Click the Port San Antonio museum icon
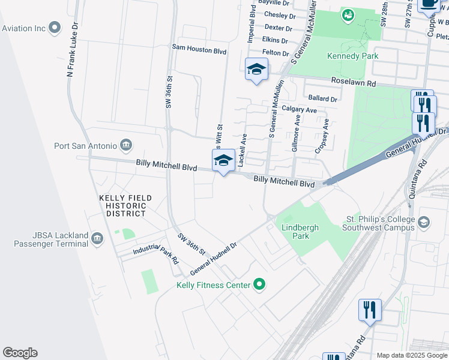coord(126,145)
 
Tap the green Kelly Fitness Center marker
coord(259,284)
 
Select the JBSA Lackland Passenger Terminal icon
coord(97,240)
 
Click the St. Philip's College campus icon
coord(424,223)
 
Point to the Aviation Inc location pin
coord(55,28)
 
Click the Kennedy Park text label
coord(352,56)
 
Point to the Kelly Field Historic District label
coord(126,205)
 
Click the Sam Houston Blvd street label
coord(199,51)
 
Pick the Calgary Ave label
coord(299,110)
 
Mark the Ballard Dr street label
coord(322,98)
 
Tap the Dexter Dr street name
coord(278,28)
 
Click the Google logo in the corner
coord(20,353)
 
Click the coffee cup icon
coord(430,4)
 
